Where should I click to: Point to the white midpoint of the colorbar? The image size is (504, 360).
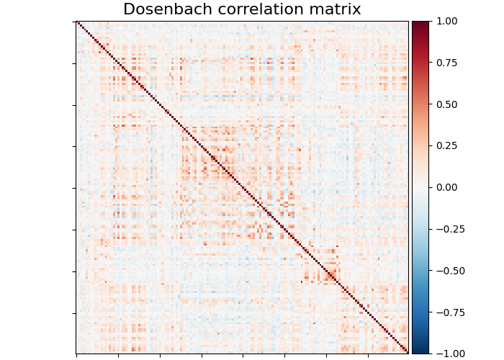pos(420,187)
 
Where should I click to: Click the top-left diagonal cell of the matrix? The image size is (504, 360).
pos(77,22)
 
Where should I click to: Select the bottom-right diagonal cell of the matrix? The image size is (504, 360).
pos(407,352)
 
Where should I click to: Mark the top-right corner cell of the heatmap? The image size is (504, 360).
pos(407,22)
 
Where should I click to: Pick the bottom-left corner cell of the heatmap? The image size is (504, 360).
pos(77,352)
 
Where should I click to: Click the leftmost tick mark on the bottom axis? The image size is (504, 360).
pos(77,355)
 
